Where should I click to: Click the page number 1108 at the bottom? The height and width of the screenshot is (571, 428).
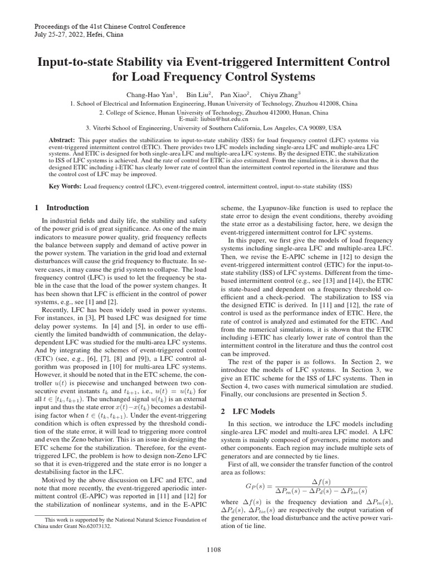click(214, 550)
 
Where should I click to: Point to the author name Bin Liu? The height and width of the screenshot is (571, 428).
click(197, 94)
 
